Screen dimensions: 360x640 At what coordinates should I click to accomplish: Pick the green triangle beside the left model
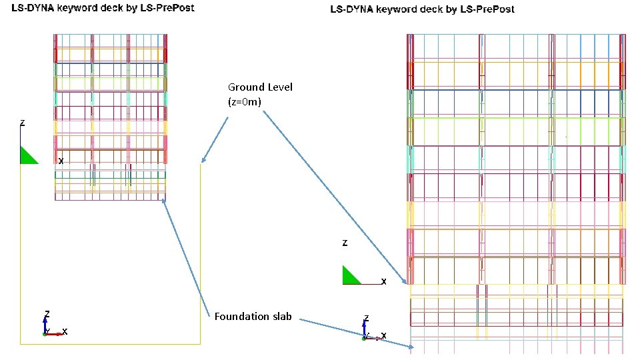pyautogui.click(x=27, y=156)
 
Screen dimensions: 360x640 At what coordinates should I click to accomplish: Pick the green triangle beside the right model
pyautogui.click(x=349, y=277)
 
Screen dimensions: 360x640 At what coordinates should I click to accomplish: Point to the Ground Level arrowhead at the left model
pyautogui.click(x=202, y=161)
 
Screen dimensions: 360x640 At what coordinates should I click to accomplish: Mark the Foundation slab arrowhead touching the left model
pyautogui.click(x=163, y=200)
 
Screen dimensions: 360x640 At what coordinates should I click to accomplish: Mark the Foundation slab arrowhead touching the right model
pyautogui.click(x=411, y=347)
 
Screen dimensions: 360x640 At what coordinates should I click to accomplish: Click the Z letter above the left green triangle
pyautogui.click(x=23, y=123)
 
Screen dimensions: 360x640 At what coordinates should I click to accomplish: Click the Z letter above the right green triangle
pyautogui.click(x=345, y=244)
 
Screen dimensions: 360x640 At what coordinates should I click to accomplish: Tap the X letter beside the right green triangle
pyautogui.click(x=383, y=282)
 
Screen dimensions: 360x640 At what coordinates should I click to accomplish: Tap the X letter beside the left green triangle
pyautogui.click(x=61, y=161)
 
